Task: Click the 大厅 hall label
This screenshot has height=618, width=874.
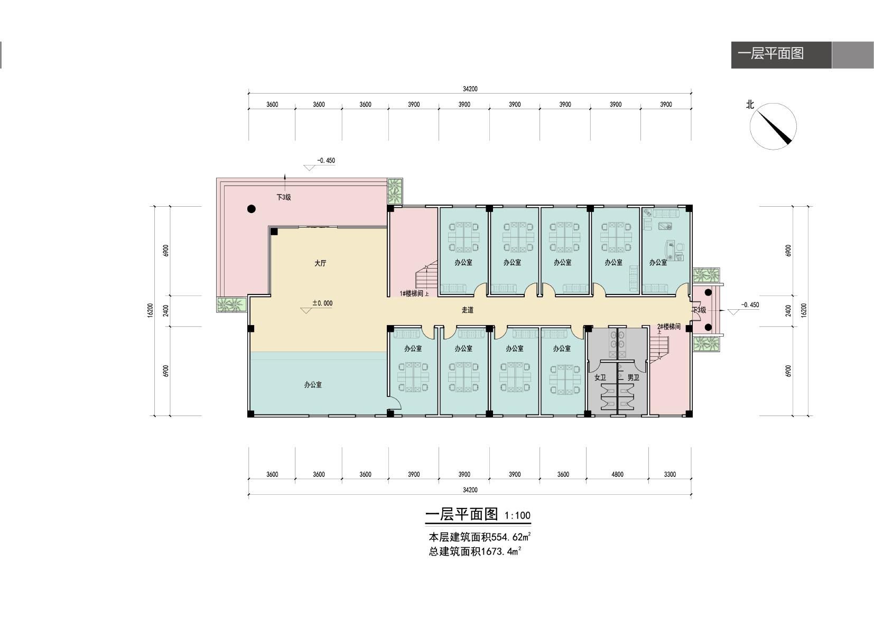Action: pyautogui.click(x=320, y=263)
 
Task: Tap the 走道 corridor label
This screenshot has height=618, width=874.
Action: pyautogui.click(x=468, y=310)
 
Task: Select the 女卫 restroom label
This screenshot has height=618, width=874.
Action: pyautogui.click(x=600, y=377)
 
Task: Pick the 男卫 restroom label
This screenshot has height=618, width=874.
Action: pyautogui.click(x=633, y=377)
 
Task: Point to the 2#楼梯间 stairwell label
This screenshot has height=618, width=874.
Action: pyautogui.click(x=669, y=326)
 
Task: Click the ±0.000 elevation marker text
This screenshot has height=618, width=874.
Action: pyautogui.click(x=322, y=303)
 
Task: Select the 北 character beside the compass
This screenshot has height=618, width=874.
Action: pyautogui.click(x=750, y=105)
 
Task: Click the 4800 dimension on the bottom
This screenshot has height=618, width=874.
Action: pyautogui.click(x=617, y=474)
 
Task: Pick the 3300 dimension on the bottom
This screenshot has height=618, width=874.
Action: pyautogui.click(x=670, y=474)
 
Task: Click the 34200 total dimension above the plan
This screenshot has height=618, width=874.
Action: pyautogui.click(x=470, y=89)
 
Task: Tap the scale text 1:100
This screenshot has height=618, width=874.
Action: pyautogui.click(x=517, y=515)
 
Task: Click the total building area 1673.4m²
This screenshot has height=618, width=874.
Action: pyautogui.click(x=501, y=551)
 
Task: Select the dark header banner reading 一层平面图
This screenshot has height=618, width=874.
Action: pyautogui.click(x=782, y=55)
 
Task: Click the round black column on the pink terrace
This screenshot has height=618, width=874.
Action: pyautogui.click(x=252, y=209)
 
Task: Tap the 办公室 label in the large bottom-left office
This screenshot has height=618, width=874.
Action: pyautogui.click(x=313, y=384)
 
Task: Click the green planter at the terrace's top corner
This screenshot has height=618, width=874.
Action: pyautogui.click(x=395, y=191)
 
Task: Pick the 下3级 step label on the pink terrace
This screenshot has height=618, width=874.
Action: pyautogui.click(x=284, y=197)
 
